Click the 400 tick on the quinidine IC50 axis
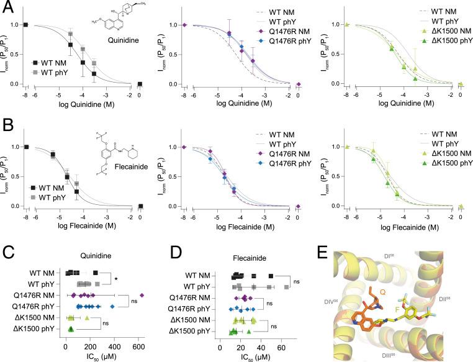pos(115,345)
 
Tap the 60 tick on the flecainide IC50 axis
pos(282,345)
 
